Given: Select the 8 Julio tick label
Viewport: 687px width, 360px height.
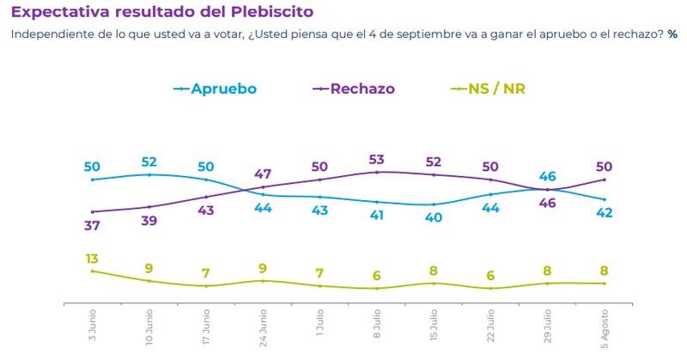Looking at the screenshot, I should click(377, 325).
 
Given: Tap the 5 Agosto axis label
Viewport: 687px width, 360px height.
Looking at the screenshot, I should click(605, 326).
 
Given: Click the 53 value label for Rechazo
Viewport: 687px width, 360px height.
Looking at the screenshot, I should click(377, 160).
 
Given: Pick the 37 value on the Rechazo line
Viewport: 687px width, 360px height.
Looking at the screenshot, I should click(93, 224).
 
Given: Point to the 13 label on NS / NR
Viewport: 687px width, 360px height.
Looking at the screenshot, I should click(93, 257).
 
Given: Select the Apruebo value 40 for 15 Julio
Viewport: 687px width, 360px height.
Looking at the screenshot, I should click(434, 217).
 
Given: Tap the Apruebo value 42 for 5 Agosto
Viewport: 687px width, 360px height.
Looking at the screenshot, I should click(605, 213).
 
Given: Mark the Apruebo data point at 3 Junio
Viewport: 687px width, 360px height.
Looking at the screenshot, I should click(93, 180).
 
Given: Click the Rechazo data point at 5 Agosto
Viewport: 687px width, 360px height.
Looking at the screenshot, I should click(605, 180).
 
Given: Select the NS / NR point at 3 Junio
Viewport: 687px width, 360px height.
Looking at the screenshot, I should click(93, 271).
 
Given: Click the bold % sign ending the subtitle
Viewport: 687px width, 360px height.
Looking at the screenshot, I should click(673, 35).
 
